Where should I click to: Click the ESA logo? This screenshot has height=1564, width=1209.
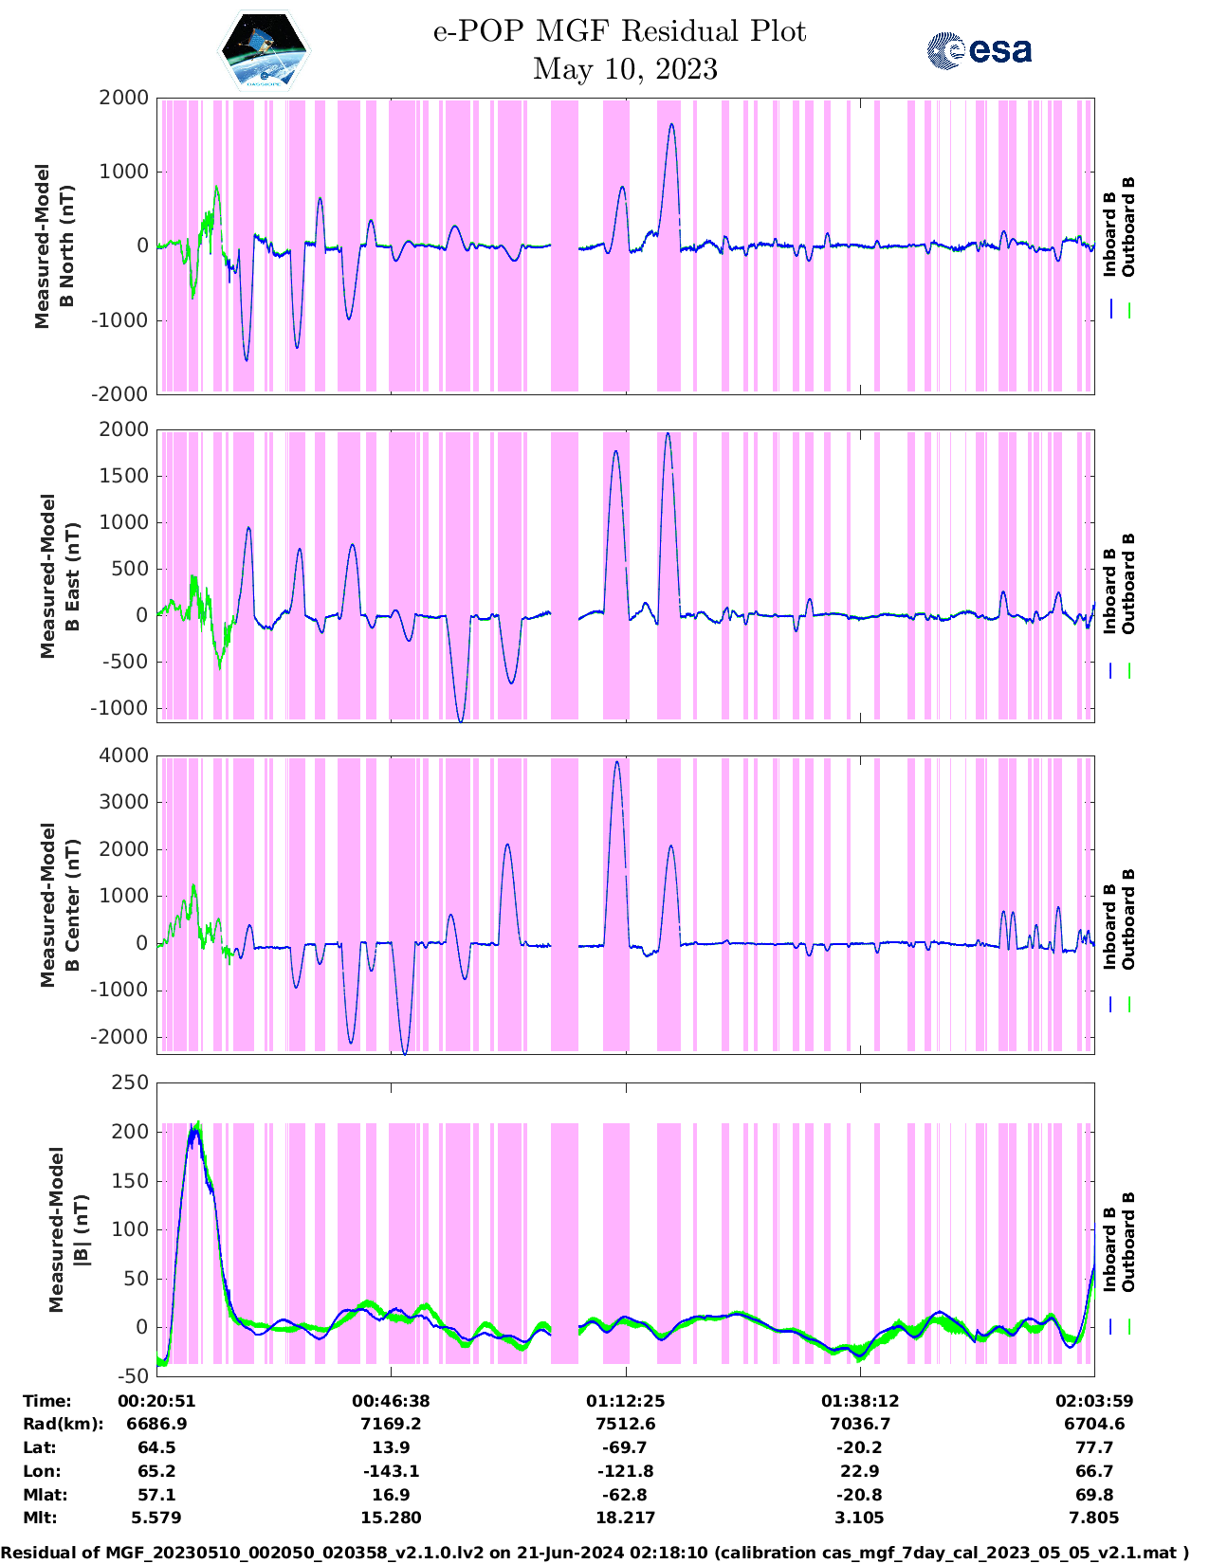pyautogui.click(x=979, y=50)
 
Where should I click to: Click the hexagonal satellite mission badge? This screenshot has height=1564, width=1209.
pyautogui.click(x=264, y=50)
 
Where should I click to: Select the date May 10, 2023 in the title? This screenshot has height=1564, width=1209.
pyautogui.click(x=625, y=69)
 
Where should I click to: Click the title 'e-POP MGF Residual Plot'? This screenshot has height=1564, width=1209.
pyautogui.click(x=619, y=31)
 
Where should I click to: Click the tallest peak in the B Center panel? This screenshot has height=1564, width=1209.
pyautogui.click(x=617, y=762)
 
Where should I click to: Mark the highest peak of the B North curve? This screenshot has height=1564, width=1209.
pyautogui.click(x=671, y=124)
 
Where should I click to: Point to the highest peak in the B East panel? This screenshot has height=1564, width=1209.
pyautogui.click(x=668, y=434)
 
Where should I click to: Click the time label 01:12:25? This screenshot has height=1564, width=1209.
pyautogui.click(x=625, y=1401)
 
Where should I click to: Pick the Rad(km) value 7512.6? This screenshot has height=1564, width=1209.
pyautogui.click(x=625, y=1424)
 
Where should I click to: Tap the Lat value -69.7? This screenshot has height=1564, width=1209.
pyautogui.click(x=625, y=1447)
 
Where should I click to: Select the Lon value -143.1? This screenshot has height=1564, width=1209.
pyautogui.click(x=391, y=1471)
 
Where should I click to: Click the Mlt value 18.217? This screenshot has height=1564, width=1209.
pyautogui.click(x=625, y=1518)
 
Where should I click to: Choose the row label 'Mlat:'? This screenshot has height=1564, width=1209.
pyautogui.click(x=42, y=1495)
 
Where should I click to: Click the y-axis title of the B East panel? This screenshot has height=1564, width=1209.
pyautogui.click(x=60, y=575)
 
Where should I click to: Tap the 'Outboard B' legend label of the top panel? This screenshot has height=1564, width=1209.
pyautogui.click(x=1128, y=227)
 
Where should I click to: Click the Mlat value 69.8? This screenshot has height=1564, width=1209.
pyautogui.click(x=1093, y=1495)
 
